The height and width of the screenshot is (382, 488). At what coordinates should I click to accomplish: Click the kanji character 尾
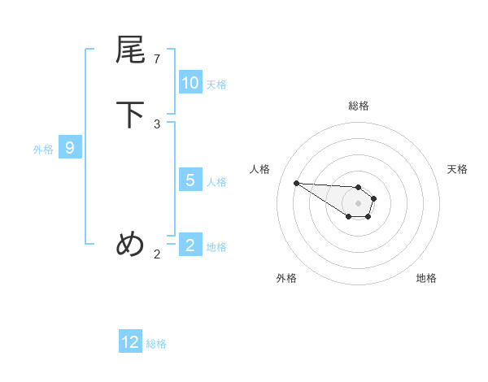[x=130, y=50]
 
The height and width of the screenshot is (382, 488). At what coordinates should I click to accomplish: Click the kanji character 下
[x=130, y=115]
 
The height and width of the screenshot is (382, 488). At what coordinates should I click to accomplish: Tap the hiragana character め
[x=130, y=244]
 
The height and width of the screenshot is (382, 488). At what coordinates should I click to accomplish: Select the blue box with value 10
[x=190, y=83]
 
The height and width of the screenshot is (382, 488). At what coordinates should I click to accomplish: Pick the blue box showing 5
[x=190, y=180]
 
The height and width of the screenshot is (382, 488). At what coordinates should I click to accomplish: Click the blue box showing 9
[x=70, y=148]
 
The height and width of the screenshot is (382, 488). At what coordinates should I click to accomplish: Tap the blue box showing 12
[x=130, y=342]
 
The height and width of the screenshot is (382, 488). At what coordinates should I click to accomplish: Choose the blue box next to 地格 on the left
[x=190, y=245]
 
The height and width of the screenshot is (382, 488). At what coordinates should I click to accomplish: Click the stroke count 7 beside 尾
[x=157, y=59]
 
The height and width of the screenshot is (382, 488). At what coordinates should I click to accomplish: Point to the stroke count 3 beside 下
[x=157, y=124]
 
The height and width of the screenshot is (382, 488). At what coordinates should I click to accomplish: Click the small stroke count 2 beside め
[x=157, y=254]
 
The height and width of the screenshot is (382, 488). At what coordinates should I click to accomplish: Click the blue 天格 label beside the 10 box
[x=216, y=85]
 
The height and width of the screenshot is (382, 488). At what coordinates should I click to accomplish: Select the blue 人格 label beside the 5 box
[x=216, y=182]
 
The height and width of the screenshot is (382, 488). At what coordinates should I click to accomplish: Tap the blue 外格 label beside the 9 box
[x=43, y=150]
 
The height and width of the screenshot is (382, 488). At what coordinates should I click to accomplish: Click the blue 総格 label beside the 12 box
[x=156, y=344]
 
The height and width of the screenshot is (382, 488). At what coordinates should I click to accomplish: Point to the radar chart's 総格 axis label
[x=359, y=106]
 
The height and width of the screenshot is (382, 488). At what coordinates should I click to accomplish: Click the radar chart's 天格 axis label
[x=457, y=169]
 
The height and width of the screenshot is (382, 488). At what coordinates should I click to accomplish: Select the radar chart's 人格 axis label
[x=260, y=169]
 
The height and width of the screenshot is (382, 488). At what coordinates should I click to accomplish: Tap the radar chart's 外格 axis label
[x=286, y=278]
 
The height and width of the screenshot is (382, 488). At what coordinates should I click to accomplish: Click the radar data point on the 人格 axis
[x=296, y=183]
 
